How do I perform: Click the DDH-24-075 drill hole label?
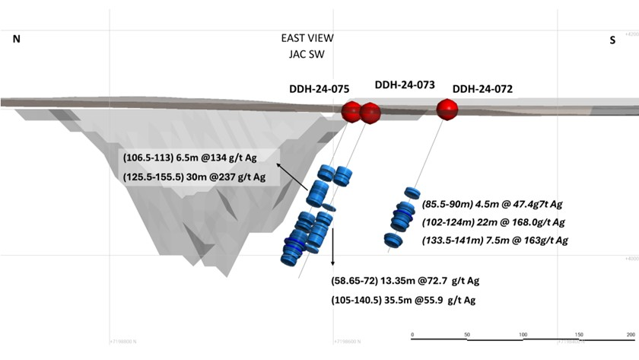319,89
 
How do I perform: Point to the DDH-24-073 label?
405,84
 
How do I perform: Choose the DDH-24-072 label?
482,89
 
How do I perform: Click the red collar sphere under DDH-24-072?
447,110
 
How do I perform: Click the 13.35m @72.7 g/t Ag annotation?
405,281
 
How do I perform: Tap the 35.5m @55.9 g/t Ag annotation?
405,300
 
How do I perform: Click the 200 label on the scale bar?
629,335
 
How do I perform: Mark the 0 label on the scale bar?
412,335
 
